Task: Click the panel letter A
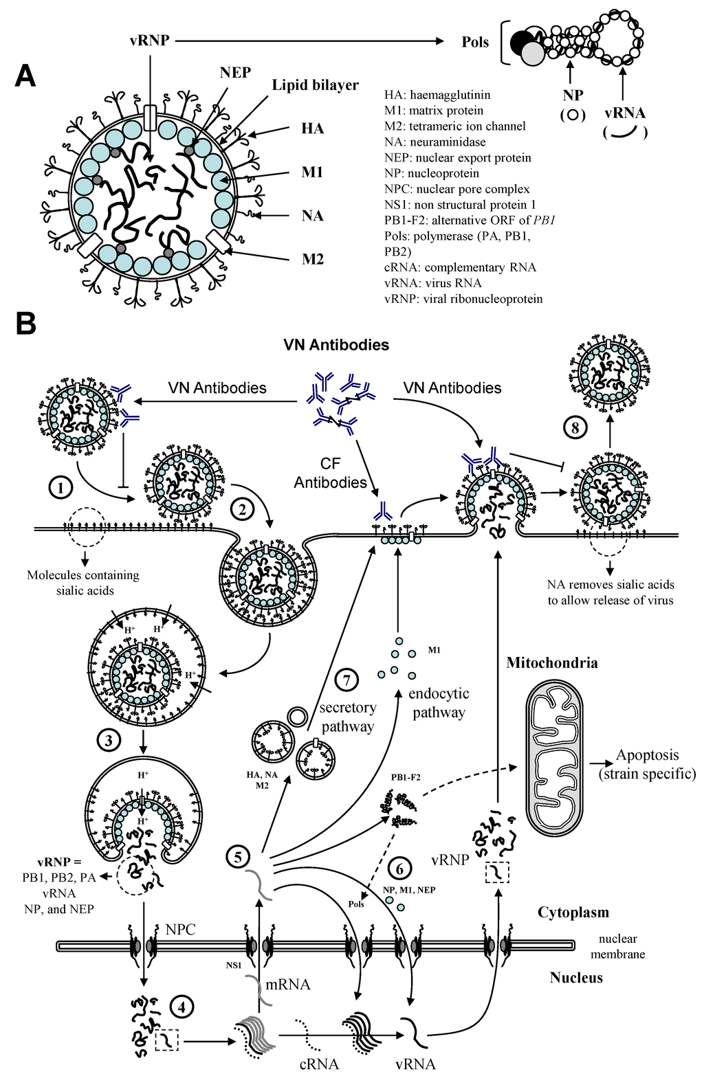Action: tap(25, 75)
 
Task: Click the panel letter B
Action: tap(25, 323)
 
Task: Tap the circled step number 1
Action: tap(61, 488)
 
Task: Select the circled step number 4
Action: tap(181, 1007)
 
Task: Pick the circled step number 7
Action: tap(346, 680)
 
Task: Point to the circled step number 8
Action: tap(575, 428)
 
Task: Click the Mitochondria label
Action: tap(551, 663)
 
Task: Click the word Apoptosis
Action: tap(647, 755)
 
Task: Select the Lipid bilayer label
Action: tap(315, 85)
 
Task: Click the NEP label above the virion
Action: tap(235, 72)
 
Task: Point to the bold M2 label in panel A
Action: tap(312, 259)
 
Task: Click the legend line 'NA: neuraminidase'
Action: tap(434, 142)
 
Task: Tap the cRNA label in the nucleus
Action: tap(319, 1064)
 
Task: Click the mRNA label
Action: tap(288, 985)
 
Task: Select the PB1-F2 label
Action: tap(406, 777)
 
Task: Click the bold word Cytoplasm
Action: tap(573, 913)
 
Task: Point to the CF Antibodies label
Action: tap(330, 473)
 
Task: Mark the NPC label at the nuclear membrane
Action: tap(180, 930)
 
